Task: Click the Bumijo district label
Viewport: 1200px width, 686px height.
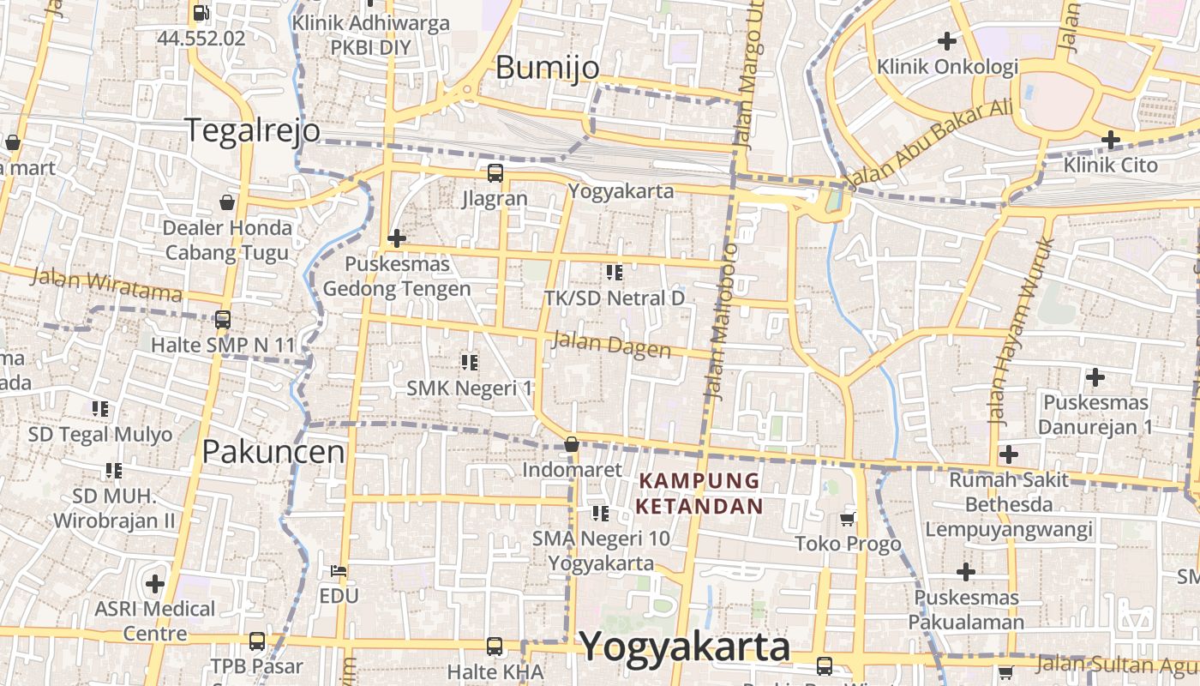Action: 547,68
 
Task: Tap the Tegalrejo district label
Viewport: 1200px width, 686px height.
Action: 253,130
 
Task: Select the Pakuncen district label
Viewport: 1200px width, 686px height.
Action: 273,452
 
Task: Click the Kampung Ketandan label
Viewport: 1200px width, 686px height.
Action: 699,493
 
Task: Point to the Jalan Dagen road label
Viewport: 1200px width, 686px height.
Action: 611,345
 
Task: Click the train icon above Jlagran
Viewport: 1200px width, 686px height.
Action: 495,173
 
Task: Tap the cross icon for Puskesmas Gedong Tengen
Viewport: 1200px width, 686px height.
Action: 396,238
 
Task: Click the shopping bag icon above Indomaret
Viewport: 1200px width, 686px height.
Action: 571,444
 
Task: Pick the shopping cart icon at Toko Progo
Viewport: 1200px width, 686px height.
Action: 848,518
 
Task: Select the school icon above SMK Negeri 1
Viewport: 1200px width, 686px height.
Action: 469,362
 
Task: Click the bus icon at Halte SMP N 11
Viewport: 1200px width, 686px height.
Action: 223,320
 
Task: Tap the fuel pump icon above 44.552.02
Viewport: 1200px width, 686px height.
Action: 201,12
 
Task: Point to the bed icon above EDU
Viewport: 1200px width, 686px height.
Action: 339,570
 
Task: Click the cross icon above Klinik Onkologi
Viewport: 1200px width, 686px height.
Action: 947,40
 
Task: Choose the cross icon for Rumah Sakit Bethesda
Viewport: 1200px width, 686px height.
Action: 1009,454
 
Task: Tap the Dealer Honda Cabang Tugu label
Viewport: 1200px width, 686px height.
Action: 227,240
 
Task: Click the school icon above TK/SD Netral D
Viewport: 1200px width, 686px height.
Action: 614,273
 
